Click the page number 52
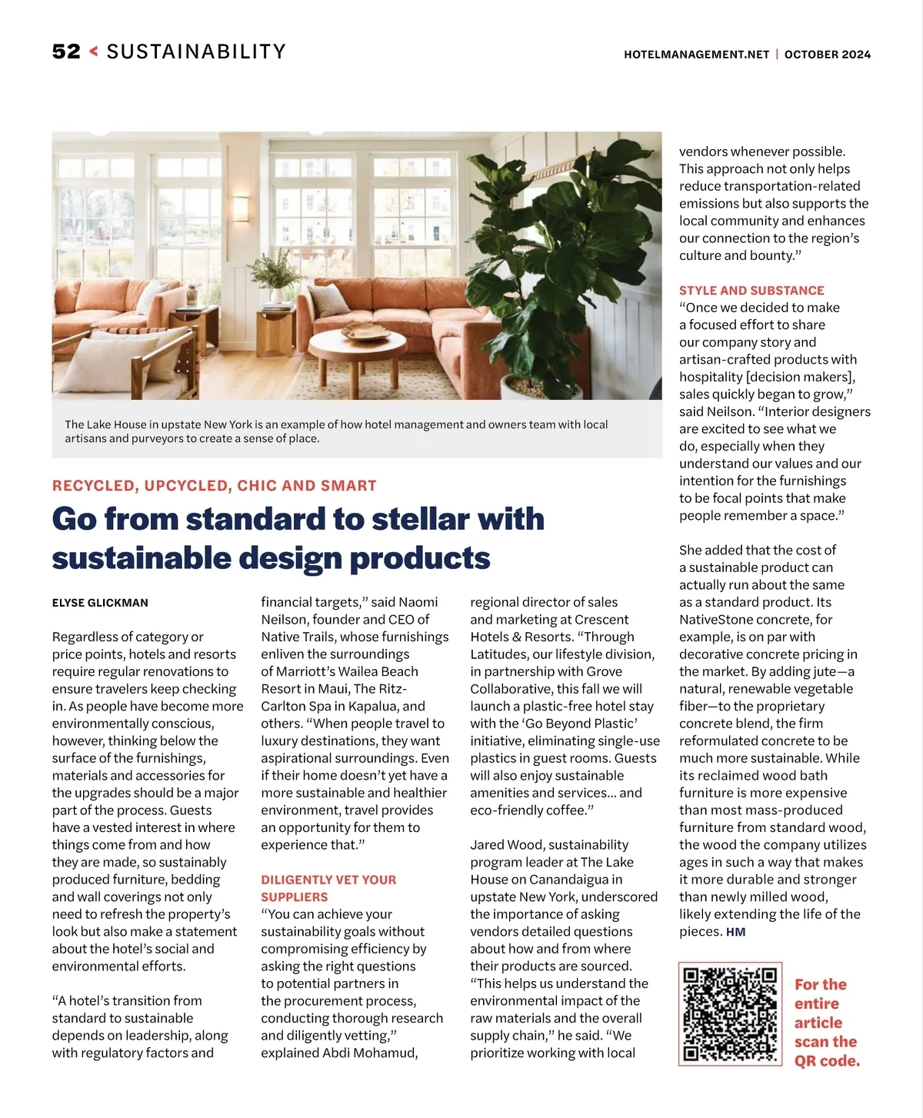(66, 52)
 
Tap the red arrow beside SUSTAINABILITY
(94, 52)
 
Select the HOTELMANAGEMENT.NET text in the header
(696, 55)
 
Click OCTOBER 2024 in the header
(828, 55)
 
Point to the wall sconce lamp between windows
(241, 208)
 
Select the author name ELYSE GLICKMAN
(100, 603)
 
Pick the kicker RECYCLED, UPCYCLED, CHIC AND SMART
(215, 486)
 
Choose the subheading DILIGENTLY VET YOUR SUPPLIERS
(328, 888)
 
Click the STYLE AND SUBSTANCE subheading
(751, 291)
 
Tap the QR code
(730, 1013)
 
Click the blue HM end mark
(736, 932)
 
